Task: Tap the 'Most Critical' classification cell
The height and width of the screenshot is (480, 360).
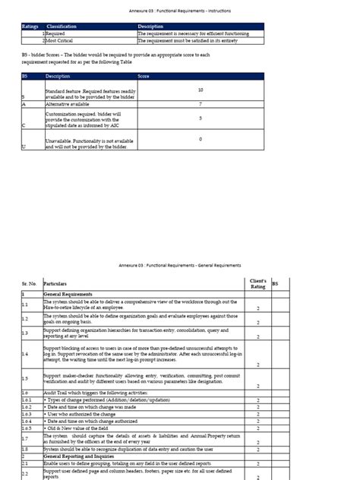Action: tap(60, 40)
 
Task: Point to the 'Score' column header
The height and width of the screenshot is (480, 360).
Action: tap(144, 76)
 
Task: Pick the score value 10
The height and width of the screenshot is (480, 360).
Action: tap(200, 89)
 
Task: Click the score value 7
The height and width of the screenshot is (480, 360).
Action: tap(200, 103)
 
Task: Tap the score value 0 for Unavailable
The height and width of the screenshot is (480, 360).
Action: tap(200, 140)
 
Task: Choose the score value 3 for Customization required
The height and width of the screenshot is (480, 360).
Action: tap(200, 118)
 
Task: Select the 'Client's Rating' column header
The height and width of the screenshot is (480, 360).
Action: tap(257, 283)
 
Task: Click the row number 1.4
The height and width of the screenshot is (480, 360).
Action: tap(25, 354)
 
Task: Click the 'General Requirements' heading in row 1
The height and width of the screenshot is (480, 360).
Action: tap(68, 294)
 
